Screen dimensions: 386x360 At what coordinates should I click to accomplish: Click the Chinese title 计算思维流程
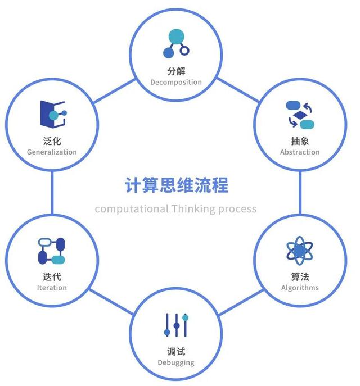[177, 185]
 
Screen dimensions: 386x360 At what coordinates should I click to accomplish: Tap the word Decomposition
[176, 82]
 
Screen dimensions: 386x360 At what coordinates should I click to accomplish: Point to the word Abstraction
[300, 152]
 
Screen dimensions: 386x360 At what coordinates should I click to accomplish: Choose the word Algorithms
[300, 288]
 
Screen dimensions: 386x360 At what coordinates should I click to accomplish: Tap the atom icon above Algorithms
[300, 251]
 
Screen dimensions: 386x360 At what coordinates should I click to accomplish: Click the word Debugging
[176, 362]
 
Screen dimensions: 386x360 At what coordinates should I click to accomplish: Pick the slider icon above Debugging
[176, 325]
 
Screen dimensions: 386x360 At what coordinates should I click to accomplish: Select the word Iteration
[52, 288]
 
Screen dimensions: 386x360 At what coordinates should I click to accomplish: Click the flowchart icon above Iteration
[52, 251]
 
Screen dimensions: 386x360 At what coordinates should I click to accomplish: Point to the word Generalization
[52, 152]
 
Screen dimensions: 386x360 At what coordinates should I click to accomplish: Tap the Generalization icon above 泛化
[52, 113]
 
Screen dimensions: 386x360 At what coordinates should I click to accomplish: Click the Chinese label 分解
[176, 71]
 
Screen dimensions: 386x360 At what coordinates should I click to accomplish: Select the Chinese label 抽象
[300, 141]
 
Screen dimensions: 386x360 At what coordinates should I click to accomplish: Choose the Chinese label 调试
[176, 352]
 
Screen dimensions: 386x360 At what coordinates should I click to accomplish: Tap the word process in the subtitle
[238, 209]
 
